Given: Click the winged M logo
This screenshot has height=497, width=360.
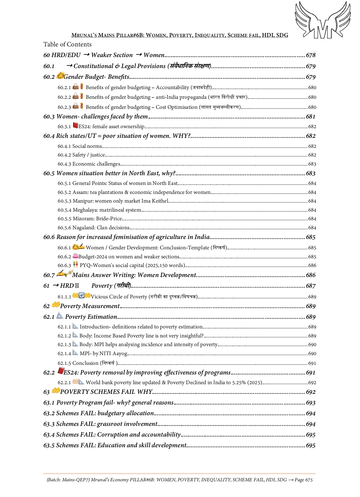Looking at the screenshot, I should point(323,20).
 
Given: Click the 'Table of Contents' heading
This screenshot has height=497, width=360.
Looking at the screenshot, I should point(67,44).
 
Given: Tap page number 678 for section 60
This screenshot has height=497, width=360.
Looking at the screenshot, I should point(311,55).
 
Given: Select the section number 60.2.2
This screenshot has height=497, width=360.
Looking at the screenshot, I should point(64,97).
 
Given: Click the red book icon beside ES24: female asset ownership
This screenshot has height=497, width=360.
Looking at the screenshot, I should point(75,126).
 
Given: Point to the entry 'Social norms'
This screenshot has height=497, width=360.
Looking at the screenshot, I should point(87,146).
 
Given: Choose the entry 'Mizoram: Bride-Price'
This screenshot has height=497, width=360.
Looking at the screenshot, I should point(97,219).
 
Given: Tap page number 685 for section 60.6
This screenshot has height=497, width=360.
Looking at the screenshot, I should point(311,237).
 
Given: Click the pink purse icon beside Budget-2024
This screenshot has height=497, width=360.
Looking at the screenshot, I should point(75,256).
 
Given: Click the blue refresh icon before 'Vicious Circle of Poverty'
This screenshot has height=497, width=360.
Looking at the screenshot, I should point(81,295).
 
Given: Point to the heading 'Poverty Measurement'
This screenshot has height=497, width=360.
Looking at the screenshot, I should point(90,306).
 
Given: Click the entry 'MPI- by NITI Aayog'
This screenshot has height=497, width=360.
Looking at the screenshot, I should point(103,353).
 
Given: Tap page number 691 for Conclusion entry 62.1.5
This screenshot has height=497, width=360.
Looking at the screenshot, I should point(312,363).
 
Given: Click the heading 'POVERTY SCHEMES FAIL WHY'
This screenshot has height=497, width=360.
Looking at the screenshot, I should point(106,392).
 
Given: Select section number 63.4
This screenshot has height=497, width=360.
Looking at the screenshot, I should point(49,435).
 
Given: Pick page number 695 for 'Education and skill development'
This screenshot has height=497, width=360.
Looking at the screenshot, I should point(311,446).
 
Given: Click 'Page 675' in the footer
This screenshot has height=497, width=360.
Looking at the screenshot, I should point(304,480).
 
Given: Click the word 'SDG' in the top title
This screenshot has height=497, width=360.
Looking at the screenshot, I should point(282,35).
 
